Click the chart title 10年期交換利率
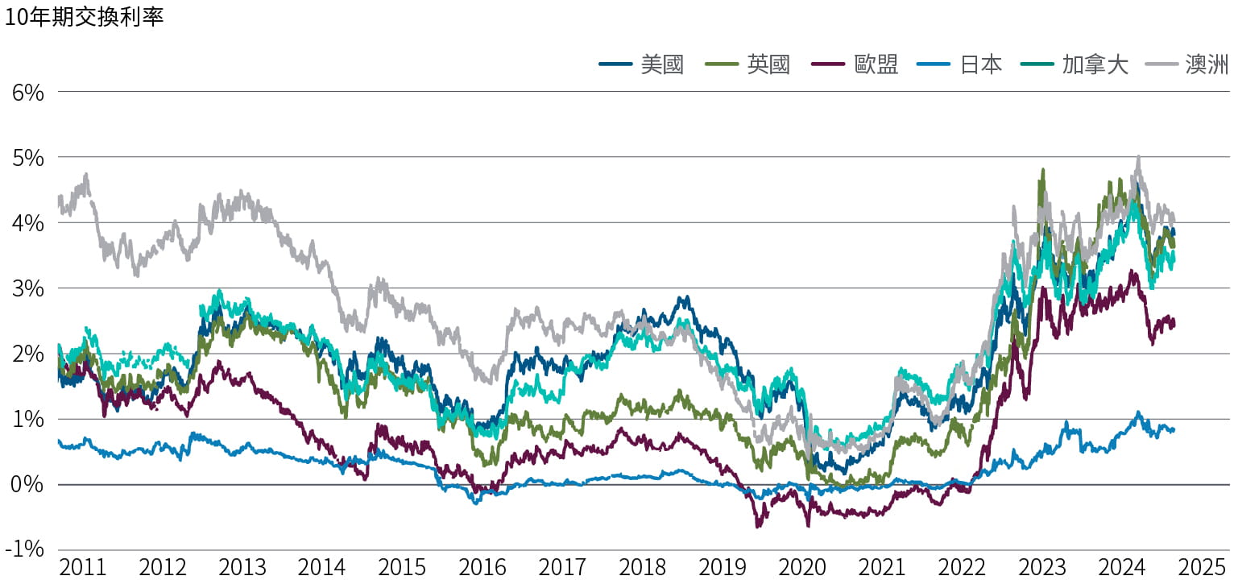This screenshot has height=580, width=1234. [84, 17]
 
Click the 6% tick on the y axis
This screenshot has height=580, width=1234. [27, 92]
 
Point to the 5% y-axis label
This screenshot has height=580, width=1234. [27, 157]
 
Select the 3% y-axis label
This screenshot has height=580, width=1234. [27, 288]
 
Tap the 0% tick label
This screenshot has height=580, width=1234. [27, 484]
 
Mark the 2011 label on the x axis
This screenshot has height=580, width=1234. [83, 567]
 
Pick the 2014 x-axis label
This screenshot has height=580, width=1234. [322, 567]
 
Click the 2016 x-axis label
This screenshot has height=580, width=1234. [482, 567]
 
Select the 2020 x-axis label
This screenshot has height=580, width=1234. [802, 567]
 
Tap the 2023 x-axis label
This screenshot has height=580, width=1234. [1042, 567]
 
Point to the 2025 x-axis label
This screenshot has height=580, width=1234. [1203, 567]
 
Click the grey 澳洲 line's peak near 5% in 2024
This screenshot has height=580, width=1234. [1137, 157]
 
